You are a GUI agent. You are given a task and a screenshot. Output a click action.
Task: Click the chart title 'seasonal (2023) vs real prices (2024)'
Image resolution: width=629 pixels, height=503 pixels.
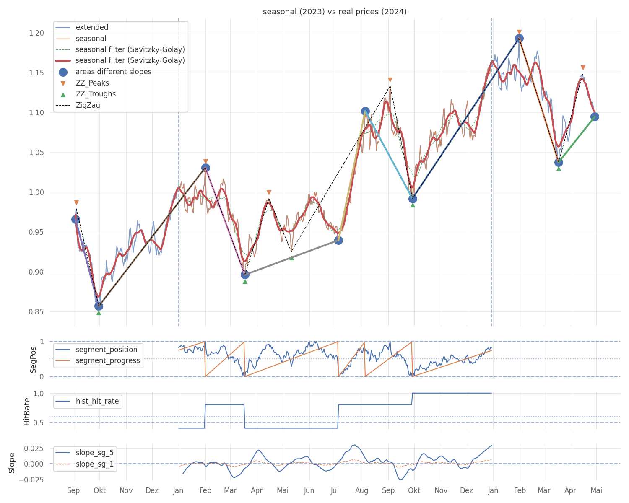point(335,12)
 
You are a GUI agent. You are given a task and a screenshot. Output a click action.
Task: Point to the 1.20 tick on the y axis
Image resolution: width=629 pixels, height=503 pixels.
point(36,33)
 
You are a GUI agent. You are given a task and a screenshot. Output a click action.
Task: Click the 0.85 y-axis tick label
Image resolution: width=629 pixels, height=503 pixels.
point(36,312)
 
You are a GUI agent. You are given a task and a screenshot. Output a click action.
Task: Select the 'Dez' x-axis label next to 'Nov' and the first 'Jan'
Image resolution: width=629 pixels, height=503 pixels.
point(152,490)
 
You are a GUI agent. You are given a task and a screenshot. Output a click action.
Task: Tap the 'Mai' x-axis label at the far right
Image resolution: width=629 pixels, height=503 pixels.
point(596,490)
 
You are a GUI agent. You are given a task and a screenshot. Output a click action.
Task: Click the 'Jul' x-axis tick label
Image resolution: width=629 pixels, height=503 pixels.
point(335,490)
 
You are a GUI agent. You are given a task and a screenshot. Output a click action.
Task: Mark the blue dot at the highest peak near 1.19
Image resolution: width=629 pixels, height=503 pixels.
point(519,38)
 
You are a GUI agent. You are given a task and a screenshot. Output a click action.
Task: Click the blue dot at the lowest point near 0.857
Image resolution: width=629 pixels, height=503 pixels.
point(99,306)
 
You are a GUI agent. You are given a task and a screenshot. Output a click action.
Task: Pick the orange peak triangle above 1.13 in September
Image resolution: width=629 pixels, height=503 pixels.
point(390,80)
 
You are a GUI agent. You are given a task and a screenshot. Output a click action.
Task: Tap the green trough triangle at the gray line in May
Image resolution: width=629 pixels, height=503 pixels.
point(291,258)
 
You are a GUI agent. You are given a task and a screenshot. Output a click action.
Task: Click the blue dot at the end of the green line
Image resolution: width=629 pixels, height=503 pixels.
point(595,117)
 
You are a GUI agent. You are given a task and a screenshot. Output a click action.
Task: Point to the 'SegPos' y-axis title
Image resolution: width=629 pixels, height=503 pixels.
point(33,360)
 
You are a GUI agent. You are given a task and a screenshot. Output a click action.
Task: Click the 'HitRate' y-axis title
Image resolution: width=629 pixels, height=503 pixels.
point(27,412)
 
